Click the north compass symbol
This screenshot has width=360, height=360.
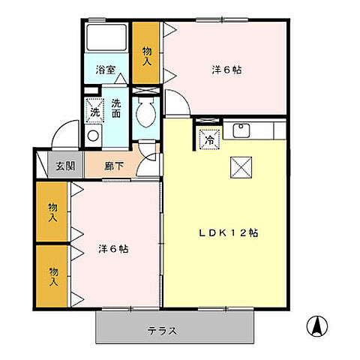(x=318, y=325)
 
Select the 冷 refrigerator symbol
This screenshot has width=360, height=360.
(x=209, y=139)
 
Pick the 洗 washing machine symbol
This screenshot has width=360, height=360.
(x=94, y=109)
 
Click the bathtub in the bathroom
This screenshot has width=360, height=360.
(x=106, y=40)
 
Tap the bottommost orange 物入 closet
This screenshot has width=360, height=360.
(x=52, y=275)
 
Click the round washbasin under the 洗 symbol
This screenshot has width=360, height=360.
(x=94, y=136)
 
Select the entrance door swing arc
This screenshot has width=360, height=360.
(x=64, y=131)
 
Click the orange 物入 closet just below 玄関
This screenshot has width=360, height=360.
(x=52, y=212)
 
